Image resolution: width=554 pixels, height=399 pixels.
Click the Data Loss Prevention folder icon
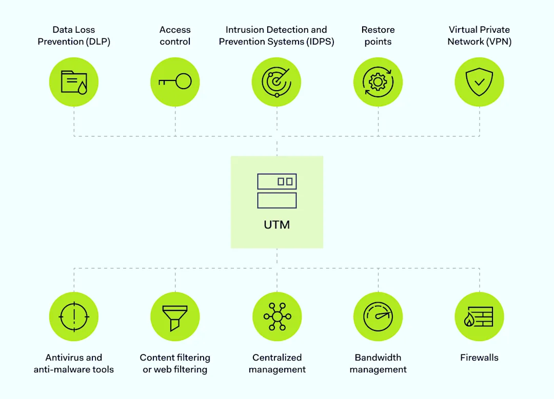[74, 82]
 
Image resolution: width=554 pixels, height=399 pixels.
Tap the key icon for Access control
[175, 82]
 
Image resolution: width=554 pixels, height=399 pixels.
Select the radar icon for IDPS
[276, 82]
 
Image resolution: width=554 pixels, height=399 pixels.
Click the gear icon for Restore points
[378, 82]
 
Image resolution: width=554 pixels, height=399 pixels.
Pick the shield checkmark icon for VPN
[479, 82]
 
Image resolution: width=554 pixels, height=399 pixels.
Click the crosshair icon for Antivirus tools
[74, 317]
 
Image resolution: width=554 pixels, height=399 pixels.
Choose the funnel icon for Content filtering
[175, 317]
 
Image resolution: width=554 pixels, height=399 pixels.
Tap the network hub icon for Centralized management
[277, 317]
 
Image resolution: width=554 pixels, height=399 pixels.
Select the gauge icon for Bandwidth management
[378, 317]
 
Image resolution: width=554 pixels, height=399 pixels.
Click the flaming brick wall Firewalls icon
[479, 317]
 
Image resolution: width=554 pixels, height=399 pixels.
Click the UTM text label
[277, 224]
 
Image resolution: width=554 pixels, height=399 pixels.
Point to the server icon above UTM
[277, 191]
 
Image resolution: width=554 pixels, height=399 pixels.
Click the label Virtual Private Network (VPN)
[479, 36]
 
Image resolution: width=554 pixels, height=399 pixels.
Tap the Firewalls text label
[479, 358]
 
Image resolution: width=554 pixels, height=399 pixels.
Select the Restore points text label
[378, 36]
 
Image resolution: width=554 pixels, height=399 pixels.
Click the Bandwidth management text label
[378, 364]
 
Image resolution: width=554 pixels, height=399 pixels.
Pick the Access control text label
[175, 36]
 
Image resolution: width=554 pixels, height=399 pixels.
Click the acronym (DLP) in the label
[96, 42]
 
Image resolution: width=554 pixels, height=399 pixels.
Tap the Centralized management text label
[277, 364]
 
